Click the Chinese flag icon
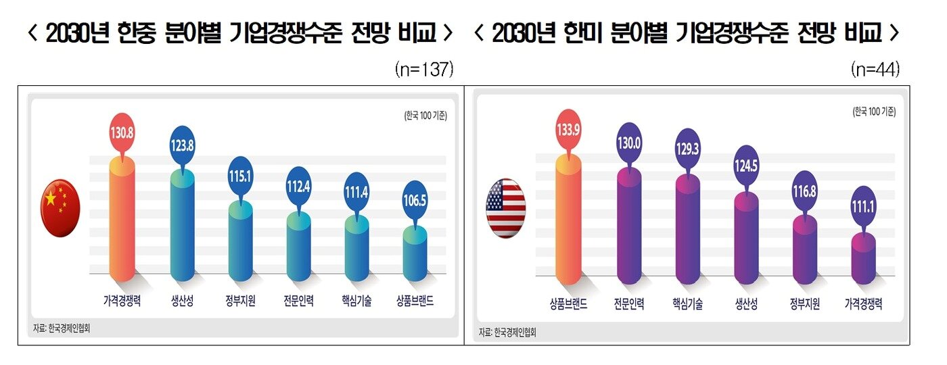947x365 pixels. [x=60, y=208]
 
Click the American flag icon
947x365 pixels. [x=506, y=208]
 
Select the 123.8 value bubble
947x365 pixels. [x=181, y=143]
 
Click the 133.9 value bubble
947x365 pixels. [x=568, y=128]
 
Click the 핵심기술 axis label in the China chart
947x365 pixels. [x=356, y=302]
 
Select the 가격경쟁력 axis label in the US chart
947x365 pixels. [x=862, y=305]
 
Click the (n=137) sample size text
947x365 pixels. [x=423, y=70]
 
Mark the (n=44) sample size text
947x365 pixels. [x=875, y=70]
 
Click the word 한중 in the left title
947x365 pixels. [x=139, y=32]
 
